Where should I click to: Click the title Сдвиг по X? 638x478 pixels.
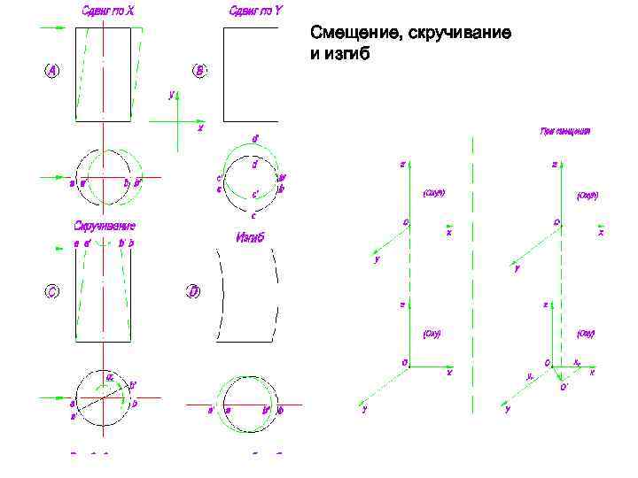click(x=103, y=12)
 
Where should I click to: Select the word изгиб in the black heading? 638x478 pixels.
click(x=347, y=54)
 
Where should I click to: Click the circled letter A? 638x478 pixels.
click(x=52, y=72)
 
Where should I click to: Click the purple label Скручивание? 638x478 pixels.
click(x=104, y=227)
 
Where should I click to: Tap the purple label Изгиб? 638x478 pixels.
click(x=251, y=237)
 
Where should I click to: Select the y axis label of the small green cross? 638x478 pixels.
click(x=172, y=92)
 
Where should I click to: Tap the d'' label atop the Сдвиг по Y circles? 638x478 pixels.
click(x=255, y=138)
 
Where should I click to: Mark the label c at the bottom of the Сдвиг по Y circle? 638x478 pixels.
click(x=254, y=215)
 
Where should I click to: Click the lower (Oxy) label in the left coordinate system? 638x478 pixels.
click(x=432, y=334)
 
